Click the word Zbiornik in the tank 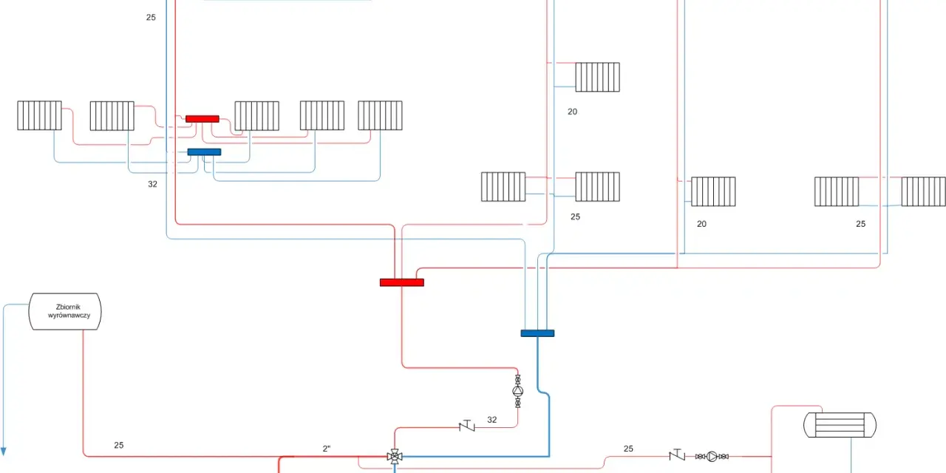[68, 307]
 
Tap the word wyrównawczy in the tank [69, 316]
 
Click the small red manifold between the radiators [203, 119]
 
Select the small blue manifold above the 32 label [204, 152]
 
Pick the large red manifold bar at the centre [401, 282]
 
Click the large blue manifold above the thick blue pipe [537, 333]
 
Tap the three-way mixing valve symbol [395, 457]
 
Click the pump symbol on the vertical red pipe [518, 391]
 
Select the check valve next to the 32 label [467, 426]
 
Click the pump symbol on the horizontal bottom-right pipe [712, 457]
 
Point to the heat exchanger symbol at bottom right [840, 425]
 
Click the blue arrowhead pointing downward [4, 452]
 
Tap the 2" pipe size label [327, 449]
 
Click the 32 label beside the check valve [492, 420]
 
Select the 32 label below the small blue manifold [152, 184]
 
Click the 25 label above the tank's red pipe [119, 445]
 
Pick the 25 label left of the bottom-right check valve [628, 449]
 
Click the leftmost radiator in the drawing [40, 115]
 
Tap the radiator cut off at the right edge [924, 191]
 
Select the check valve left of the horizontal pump [677, 455]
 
